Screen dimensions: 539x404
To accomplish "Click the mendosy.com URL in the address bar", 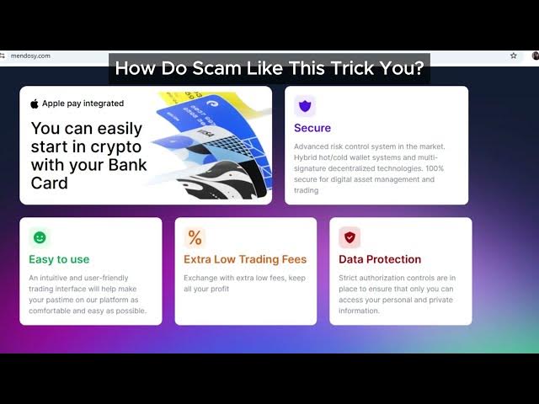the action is pyautogui.click(x=30, y=56).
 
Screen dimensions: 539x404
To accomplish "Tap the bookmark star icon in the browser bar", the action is pyautogui.click(x=513, y=56).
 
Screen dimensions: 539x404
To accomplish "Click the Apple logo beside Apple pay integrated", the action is pyautogui.click(x=35, y=104).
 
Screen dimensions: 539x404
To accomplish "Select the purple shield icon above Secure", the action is pyautogui.click(x=305, y=106).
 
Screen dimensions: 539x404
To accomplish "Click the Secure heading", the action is pyautogui.click(x=312, y=128).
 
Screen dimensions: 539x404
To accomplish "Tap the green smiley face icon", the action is pyautogui.click(x=40, y=237).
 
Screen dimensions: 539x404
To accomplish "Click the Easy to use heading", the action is pyautogui.click(x=59, y=259).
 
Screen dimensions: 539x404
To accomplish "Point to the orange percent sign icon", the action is pyautogui.click(x=195, y=237).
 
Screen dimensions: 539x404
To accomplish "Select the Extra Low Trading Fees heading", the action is pyautogui.click(x=245, y=259).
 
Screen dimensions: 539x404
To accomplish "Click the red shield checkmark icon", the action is pyautogui.click(x=350, y=237).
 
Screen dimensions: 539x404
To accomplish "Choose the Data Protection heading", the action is pyautogui.click(x=380, y=259).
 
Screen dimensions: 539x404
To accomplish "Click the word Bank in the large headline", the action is pyautogui.click(x=127, y=165).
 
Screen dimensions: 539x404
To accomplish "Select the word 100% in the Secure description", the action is pyautogui.click(x=435, y=168).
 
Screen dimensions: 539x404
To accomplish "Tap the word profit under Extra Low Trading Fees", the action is pyautogui.click(x=220, y=289).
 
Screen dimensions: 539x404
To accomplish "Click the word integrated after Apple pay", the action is pyautogui.click(x=104, y=104).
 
